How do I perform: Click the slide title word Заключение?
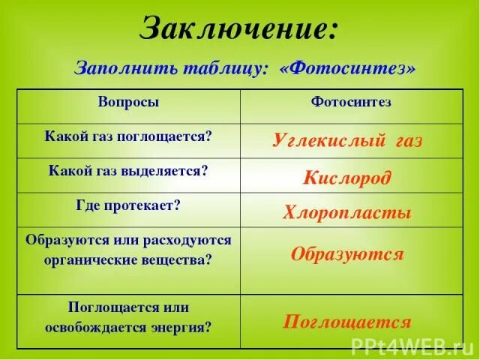239,29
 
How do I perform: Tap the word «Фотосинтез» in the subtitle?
347,68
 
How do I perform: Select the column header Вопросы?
128,102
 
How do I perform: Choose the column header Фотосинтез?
351,102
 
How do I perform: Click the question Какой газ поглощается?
128,136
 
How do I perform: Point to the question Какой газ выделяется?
128,170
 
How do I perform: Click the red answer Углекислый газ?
347,139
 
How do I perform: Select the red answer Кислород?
347,177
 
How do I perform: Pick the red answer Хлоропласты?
347,212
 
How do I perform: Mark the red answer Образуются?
347,253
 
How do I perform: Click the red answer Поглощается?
347,322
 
